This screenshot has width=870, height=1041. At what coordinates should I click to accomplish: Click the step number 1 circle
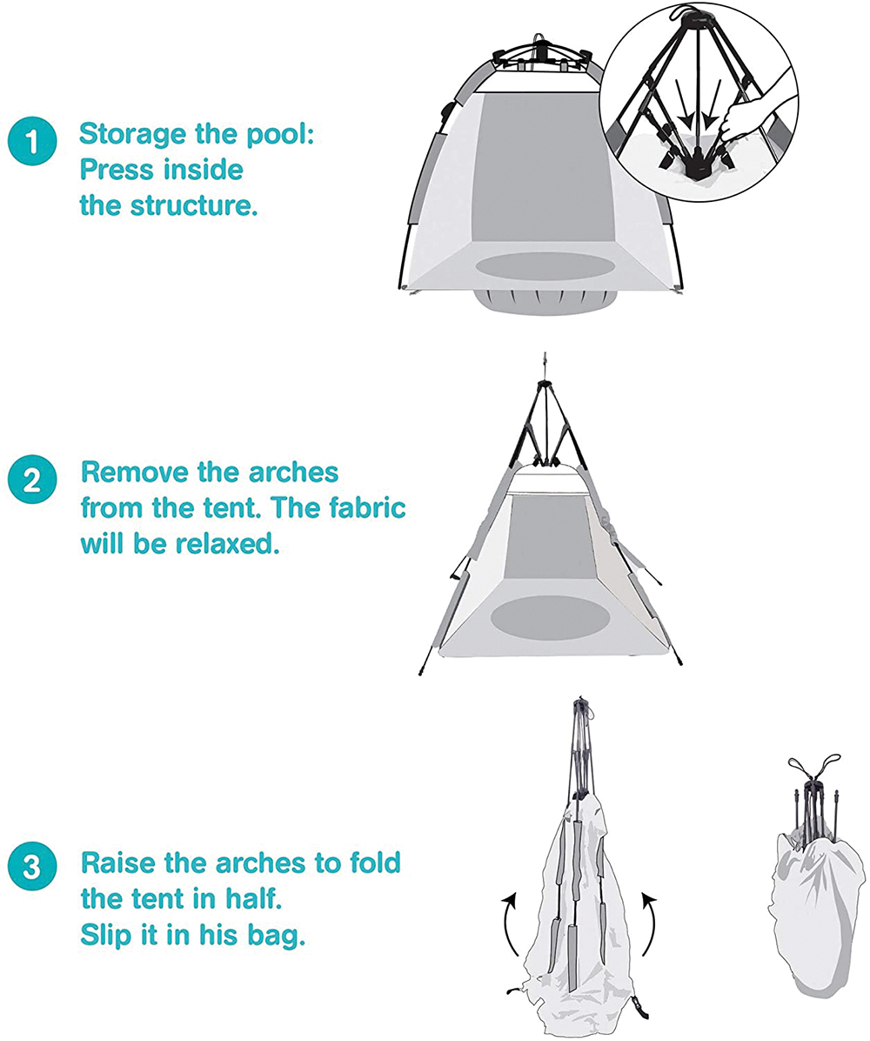point(32,141)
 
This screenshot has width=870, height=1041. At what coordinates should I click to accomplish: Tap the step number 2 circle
point(32,480)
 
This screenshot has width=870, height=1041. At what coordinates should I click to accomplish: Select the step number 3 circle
point(32,867)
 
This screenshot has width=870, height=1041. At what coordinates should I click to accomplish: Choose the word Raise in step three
point(119,863)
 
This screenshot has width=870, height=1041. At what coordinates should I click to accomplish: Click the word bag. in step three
point(276,936)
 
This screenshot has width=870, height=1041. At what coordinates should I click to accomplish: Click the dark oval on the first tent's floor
point(545,265)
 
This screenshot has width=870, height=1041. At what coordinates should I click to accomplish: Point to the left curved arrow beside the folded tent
point(509,923)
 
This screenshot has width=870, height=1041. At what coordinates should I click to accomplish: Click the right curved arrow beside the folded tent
point(650,923)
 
